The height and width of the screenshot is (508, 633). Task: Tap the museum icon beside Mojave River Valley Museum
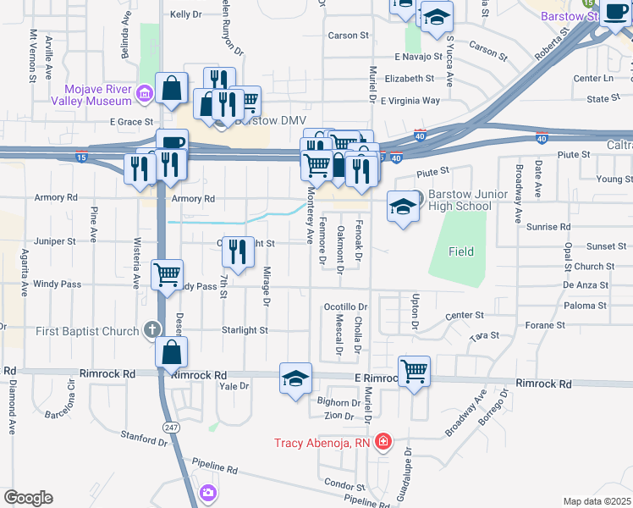(145, 91)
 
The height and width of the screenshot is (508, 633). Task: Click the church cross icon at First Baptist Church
(152, 329)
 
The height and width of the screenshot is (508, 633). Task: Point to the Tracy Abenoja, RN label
(322, 442)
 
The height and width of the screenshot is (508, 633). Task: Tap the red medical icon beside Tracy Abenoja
(383, 442)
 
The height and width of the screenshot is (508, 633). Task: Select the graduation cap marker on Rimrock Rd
(296, 378)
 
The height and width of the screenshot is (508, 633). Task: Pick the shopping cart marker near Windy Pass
(168, 274)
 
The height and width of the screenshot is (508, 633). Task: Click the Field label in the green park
(461, 251)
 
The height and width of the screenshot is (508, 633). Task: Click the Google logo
(27, 498)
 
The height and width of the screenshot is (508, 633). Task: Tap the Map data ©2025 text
(597, 501)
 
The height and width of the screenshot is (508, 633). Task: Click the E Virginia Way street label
(410, 101)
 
